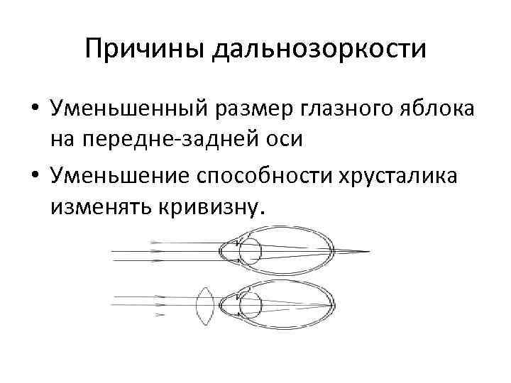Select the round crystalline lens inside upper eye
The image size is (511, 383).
pyautogui.click(x=250, y=251)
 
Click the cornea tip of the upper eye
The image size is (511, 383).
pyautogui.click(x=221, y=251)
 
